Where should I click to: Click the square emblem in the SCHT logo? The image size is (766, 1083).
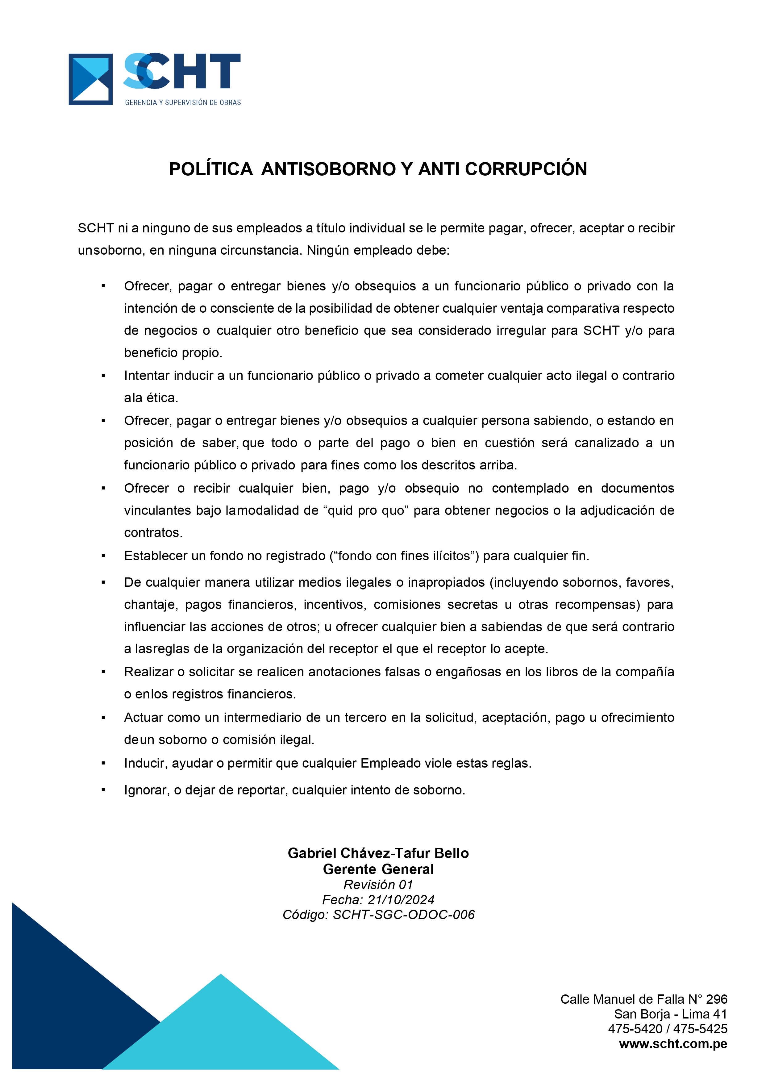pyautogui.click(x=90, y=79)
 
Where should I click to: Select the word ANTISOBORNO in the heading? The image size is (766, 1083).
pyautogui.click(x=328, y=169)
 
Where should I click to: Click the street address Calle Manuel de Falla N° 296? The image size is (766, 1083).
pyautogui.click(x=644, y=999)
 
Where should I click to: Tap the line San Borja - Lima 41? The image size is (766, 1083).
pyautogui.click(x=670, y=1014)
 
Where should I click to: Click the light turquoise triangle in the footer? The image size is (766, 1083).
pyautogui.click(x=221, y=1033)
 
